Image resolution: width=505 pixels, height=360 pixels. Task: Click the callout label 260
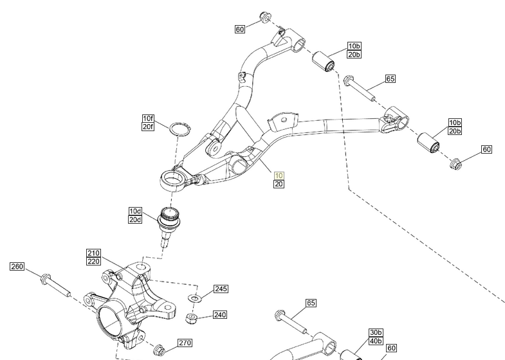17,267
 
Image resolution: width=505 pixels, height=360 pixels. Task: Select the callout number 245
221,289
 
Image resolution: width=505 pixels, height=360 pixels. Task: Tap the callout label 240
220,315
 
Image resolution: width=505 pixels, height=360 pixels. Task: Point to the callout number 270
185,343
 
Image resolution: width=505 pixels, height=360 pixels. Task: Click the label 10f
149,118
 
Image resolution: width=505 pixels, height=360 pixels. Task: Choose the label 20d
135,219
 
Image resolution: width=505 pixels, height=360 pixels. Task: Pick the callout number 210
94,253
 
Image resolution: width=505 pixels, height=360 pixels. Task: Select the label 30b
376,332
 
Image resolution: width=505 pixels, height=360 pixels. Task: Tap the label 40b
376,341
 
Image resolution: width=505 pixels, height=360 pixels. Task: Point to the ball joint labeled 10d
170,221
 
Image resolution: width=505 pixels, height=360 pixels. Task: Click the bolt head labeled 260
46,279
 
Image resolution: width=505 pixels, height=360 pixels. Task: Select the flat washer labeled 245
195,298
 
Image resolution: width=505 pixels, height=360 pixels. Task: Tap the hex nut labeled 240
190,318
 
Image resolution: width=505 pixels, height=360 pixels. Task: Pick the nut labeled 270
161,350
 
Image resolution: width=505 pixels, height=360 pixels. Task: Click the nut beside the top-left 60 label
264,16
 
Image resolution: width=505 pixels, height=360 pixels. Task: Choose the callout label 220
94,262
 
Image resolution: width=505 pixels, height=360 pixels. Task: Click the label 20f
149,127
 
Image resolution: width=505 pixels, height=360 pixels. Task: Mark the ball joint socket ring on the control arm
174,179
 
